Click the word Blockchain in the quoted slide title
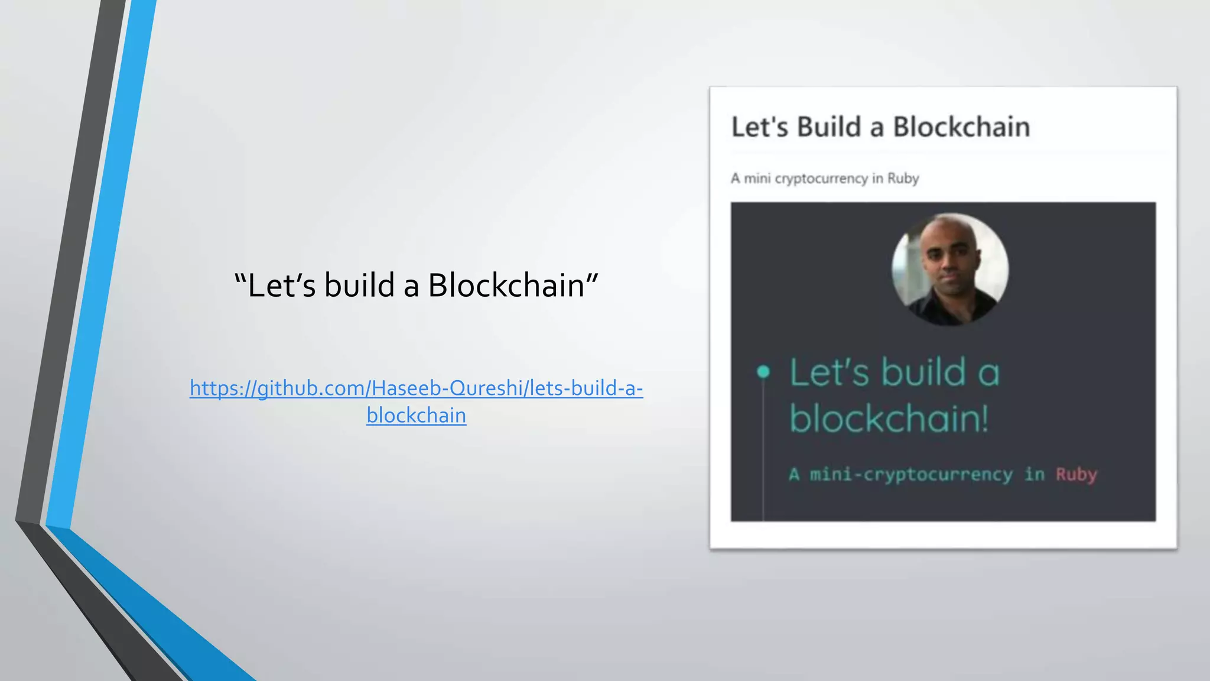(506, 286)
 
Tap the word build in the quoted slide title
(360, 286)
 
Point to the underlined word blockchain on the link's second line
(416, 416)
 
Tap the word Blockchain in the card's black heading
(961, 127)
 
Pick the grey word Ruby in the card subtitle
(903, 179)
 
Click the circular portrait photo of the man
(949, 269)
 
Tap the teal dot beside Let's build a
(763, 371)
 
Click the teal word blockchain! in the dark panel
(889, 419)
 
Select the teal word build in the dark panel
(924, 372)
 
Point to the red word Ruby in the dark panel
(1076, 474)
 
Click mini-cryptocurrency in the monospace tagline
(910, 474)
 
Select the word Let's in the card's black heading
(759, 127)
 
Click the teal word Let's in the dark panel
(830, 372)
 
